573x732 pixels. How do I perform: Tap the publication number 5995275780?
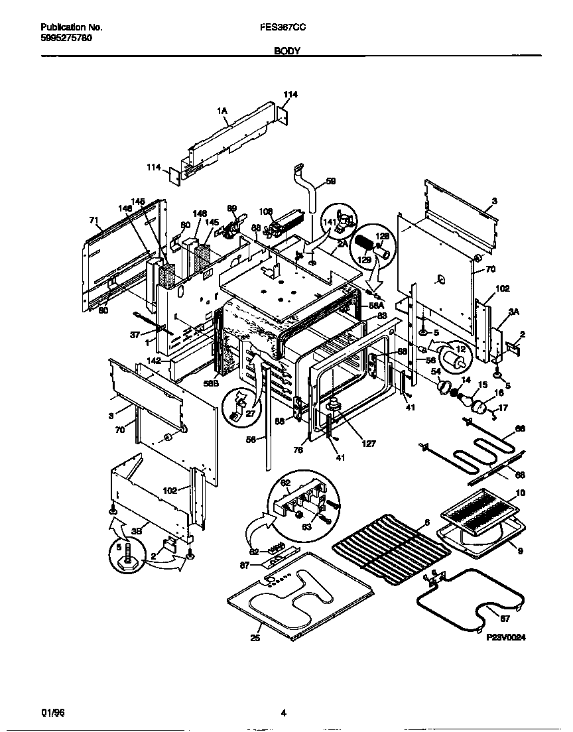pos(66,38)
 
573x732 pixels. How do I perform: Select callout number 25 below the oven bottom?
pos(255,638)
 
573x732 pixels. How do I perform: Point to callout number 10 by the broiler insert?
pos(519,493)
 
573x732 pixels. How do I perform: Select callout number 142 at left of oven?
pos(154,361)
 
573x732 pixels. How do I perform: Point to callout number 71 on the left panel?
pos(94,220)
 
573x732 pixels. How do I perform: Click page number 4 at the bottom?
pos(283,713)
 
